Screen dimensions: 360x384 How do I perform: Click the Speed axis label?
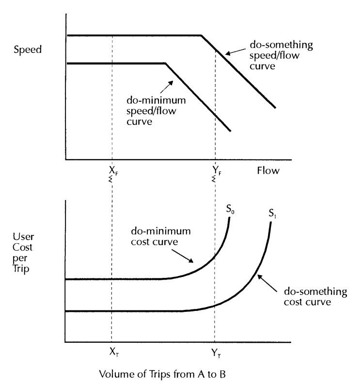[x=28, y=50]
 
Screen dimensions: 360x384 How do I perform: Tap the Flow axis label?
[x=268, y=170]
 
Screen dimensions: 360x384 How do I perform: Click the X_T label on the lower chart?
[x=114, y=352]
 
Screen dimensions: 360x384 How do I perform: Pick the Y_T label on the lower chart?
[x=216, y=353]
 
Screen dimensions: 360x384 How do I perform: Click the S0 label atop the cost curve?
[x=230, y=209]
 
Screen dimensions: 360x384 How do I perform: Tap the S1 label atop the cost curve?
[x=272, y=213]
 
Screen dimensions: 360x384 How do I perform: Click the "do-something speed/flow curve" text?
[x=281, y=55]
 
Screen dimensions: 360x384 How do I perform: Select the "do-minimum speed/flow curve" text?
[x=156, y=111]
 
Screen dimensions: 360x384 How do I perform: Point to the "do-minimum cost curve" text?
[x=161, y=236]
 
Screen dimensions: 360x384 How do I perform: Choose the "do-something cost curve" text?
[x=315, y=296]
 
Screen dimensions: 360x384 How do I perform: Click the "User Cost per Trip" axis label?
[x=23, y=253]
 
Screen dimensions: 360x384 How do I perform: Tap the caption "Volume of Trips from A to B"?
[x=162, y=374]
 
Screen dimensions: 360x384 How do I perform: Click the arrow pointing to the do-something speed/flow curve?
[x=235, y=52]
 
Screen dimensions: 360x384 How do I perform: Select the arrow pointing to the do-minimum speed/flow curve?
[x=167, y=87]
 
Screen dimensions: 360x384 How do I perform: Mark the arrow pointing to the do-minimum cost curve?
[x=182, y=256]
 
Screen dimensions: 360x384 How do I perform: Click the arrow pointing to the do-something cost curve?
[x=267, y=283]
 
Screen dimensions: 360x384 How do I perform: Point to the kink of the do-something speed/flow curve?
[x=201, y=36]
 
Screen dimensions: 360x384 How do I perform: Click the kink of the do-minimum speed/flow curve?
[x=166, y=63]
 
